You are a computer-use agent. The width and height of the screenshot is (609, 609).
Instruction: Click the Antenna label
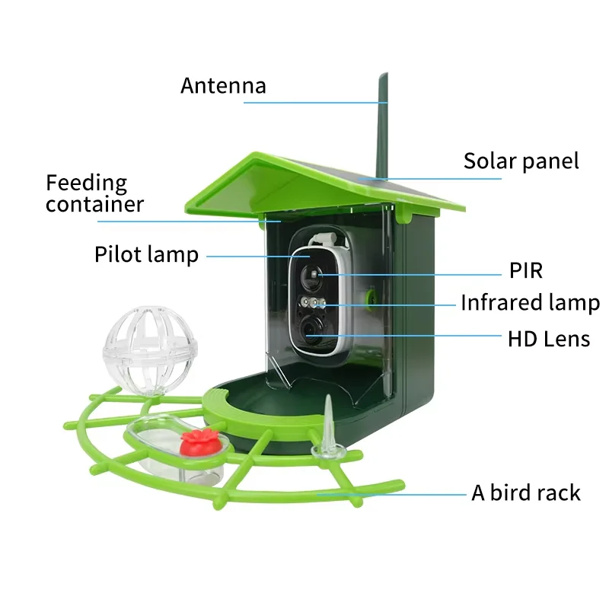(x=223, y=85)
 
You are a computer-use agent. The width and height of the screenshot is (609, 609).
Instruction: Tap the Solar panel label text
(x=521, y=161)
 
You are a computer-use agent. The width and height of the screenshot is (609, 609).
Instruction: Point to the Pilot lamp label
(x=146, y=254)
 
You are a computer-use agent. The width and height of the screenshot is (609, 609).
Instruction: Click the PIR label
(x=525, y=271)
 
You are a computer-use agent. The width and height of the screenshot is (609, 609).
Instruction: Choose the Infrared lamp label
(x=530, y=303)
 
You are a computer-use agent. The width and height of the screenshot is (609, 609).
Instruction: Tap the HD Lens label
(x=549, y=339)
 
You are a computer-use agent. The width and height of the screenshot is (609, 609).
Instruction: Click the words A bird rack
(x=525, y=493)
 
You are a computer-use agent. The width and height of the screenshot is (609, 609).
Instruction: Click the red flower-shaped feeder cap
(x=202, y=439)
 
